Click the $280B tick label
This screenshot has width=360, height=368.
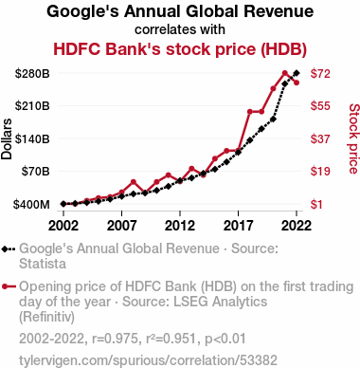click(32, 73)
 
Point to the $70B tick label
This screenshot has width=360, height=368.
click(35, 171)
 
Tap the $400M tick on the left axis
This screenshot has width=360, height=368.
click(31, 204)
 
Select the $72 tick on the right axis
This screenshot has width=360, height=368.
click(320, 73)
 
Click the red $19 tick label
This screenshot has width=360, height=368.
click(320, 171)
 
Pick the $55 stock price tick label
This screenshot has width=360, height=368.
click(320, 105)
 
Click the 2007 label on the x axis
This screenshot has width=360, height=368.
click(121, 226)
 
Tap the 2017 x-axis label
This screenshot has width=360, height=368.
click(238, 226)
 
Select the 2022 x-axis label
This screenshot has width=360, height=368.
click(297, 226)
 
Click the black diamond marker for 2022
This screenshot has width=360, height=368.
click(297, 73)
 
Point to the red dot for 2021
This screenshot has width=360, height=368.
click(285, 73)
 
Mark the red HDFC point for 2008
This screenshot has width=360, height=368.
click(134, 182)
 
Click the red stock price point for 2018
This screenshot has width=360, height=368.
click(250, 112)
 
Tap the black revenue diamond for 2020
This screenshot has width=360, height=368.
click(273, 120)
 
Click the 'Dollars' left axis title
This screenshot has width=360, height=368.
click(7, 138)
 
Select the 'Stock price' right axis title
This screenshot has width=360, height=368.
click(353, 138)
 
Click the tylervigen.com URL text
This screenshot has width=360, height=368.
click(148, 360)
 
